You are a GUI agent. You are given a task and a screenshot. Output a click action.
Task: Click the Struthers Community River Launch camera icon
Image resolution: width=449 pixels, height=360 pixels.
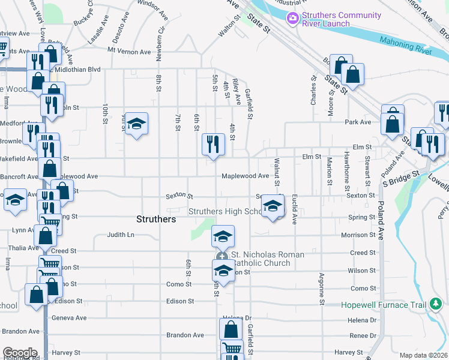pos(293,19)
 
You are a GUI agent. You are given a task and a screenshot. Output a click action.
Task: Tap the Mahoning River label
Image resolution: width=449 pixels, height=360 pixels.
pos(405,47)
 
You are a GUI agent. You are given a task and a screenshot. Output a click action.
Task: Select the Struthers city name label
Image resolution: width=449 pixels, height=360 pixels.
pos(156,219)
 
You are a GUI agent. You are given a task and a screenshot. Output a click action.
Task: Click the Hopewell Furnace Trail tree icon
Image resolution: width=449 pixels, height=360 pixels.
pos(435,305)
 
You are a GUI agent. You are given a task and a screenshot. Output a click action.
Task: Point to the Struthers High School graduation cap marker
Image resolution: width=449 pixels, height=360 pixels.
pos(273,208)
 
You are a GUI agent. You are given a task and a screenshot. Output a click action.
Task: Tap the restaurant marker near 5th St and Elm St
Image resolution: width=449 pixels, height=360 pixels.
pos(213,144)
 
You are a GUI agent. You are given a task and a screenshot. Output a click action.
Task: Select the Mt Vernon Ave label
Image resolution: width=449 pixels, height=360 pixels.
pos(129,52)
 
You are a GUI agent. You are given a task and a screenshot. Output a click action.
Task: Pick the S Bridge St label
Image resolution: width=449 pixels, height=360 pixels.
pos(400,178)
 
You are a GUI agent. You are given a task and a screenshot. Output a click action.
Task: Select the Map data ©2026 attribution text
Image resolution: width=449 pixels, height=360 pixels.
pos(423,355)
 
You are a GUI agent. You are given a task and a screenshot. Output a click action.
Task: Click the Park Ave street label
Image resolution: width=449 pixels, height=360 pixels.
pos(358,122)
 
